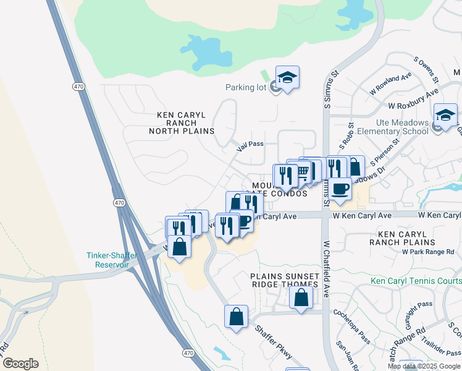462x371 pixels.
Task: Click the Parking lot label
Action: point(245,87)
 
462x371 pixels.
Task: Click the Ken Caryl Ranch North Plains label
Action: point(185,123)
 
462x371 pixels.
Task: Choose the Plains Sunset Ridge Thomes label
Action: point(285,280)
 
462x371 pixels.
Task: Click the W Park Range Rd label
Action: point(427,252)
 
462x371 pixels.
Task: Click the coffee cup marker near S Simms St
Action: point(340,188)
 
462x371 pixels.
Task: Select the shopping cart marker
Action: point(303,171)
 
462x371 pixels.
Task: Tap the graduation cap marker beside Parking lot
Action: point(287,77)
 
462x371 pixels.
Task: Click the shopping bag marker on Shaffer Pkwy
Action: point(236,317)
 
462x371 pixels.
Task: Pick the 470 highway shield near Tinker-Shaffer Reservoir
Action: point(120,202)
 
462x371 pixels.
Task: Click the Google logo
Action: point(20,364)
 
